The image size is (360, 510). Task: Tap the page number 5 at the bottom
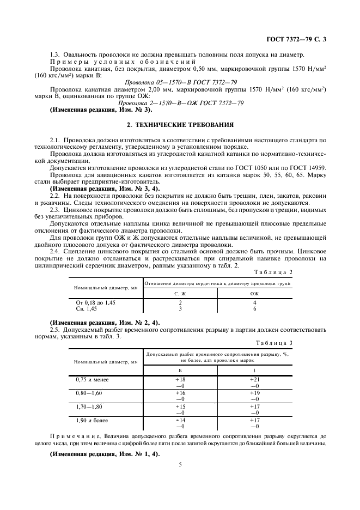(179, 464)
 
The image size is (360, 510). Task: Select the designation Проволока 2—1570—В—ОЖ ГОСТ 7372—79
(180, 103)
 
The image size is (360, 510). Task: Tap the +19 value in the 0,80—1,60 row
(254, 392)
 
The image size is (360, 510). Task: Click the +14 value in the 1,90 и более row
(180, 421)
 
